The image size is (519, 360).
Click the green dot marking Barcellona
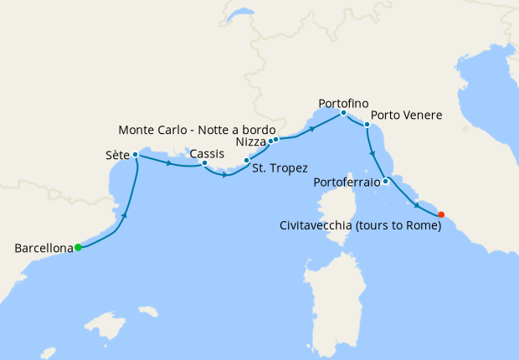(78, 247)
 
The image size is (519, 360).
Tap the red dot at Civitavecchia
(441, 213)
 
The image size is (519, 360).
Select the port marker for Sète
(135, 155)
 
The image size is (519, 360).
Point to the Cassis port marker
(204, 163)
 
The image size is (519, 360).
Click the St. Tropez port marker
(246, 160)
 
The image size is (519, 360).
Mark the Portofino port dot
(343, 112)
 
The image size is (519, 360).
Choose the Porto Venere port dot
(367, 125)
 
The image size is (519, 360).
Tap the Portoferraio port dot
(385, 181)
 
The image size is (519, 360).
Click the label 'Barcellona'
(43, 248)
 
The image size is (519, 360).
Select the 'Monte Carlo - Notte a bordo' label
(196, 130)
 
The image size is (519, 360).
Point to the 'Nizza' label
(250, 142)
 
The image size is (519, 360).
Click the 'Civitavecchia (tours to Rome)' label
(361, 224)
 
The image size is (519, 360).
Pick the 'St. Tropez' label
(280, 168)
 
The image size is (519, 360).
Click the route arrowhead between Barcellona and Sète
(125, 216)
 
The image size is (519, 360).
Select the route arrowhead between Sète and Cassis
(170, 163)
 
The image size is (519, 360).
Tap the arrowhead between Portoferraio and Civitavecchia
(417, 205)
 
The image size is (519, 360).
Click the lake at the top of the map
(240, 15)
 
